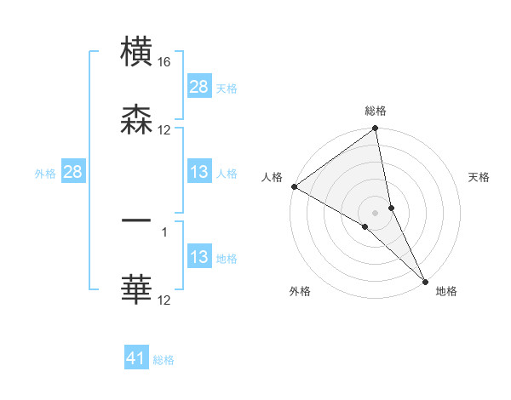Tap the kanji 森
point(137,118)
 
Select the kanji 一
point(137,220)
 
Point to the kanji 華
point(137,289)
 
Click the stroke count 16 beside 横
point(164,63)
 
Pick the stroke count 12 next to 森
point(164,130)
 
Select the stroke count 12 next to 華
point(164,300)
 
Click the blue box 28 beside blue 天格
point(199,87)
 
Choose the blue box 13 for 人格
point(199,173)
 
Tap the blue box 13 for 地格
point(199,257)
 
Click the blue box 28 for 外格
point(73,173)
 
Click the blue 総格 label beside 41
point(164,360)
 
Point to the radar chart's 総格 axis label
point(376,111)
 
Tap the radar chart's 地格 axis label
point(446,292)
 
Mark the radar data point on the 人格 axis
point(294,186)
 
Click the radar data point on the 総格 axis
point(376,129)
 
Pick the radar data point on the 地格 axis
point(425,281)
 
